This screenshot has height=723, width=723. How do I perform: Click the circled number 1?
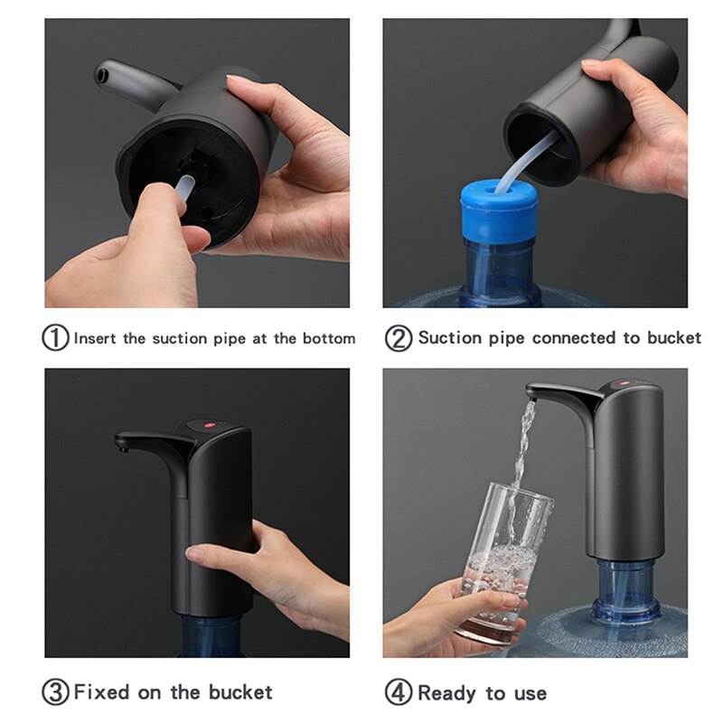tap(56, 338)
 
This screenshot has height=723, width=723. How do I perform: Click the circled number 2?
tap(399, 338)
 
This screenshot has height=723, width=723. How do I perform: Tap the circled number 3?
tap(56, 693)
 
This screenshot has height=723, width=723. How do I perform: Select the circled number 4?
tap(399, 693)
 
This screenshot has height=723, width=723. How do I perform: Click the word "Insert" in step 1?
tap(95, 339)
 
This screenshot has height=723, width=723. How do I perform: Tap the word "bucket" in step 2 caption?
tap(673, 338)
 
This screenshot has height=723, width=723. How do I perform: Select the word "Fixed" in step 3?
tap(100, 693)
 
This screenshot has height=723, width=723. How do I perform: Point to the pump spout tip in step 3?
tap(121, 443)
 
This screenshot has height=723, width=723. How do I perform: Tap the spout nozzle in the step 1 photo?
tap(102, 70)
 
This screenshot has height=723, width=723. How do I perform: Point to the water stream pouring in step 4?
tap(522, 452)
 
